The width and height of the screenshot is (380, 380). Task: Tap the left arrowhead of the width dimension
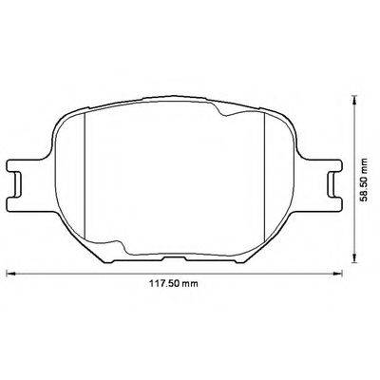11,275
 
